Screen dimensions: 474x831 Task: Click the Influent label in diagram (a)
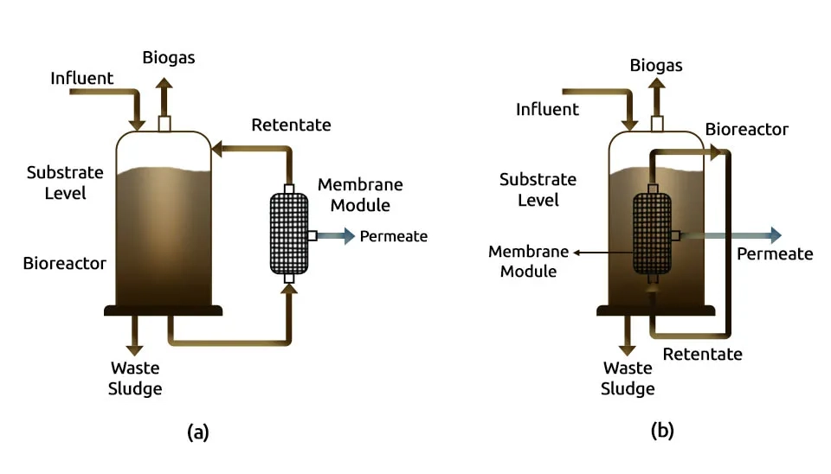[81, 78]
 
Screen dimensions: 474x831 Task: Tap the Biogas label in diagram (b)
[656, 65]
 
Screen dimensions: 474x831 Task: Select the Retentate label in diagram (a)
[291, 125]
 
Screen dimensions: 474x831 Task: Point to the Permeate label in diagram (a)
[394, 236]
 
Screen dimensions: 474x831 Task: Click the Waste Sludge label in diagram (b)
[628, 378]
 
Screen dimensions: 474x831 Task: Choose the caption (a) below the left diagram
[198, 432]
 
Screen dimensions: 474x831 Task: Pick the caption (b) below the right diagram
[662, 431]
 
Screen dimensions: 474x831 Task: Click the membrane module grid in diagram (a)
[290, 234]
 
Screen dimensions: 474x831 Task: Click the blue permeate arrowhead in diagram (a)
[349, 235]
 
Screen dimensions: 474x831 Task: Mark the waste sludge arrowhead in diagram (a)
[134, 349]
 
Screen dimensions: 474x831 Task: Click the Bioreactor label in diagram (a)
[65, 262]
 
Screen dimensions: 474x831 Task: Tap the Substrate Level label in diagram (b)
[538, 189]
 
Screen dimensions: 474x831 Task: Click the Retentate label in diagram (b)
[702, 354]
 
